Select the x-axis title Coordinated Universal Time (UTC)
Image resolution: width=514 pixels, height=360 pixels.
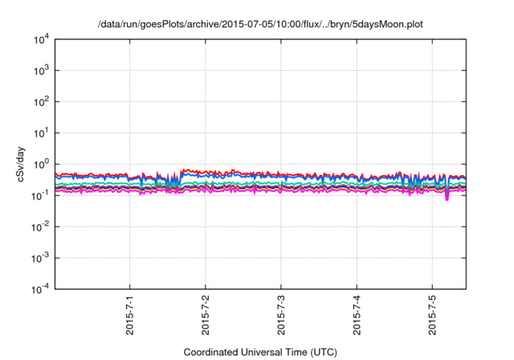pyautogui.click(x=260, y=352)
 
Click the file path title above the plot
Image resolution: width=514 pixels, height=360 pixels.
pyautogui.click(x=259, y=25)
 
